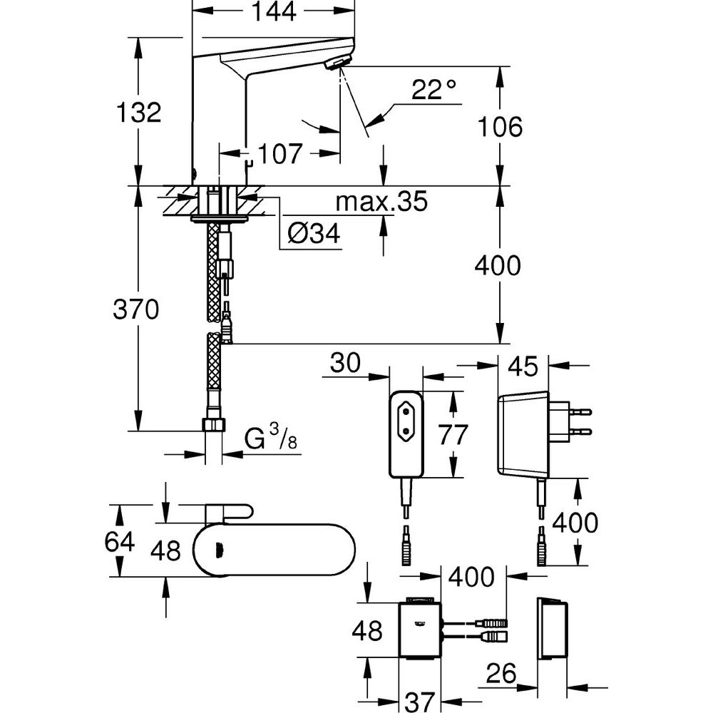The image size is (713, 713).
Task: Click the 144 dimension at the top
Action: [274, 11]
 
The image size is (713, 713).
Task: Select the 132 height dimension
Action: [139, 112]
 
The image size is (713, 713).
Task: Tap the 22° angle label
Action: [433, 90]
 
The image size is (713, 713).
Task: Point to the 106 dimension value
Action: [500, 127]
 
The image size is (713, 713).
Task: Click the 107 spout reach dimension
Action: [280, 154]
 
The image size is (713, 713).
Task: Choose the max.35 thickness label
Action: [381, 202]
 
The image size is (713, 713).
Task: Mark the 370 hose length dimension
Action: [136, 309]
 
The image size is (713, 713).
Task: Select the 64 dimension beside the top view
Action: [120, 542]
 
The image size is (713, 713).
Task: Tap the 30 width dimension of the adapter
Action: [346, 363]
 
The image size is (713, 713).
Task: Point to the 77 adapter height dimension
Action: [453, 435]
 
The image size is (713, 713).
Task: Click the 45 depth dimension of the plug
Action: [523, 366]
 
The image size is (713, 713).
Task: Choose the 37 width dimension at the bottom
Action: [420, 702]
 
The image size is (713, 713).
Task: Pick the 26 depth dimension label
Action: [501, 674]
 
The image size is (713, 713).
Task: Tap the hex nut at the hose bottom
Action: [212, 426]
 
